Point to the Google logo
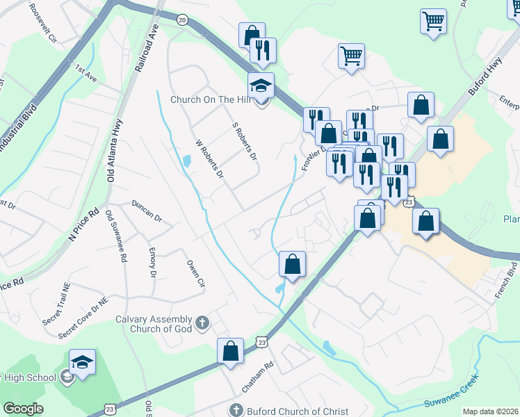(x=23, y=409)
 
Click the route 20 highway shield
(x=182, y=20)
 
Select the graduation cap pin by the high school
(x=82, y=362)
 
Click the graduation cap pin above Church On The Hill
(x=261, y=85)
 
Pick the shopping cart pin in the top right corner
(x=433, y=21)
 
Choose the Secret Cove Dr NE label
(x=83, y=319)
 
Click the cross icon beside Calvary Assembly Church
(x=202, y=323)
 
